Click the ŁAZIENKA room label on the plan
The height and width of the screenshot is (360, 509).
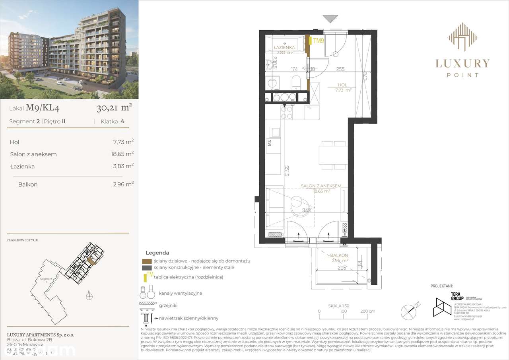click(x=284, y=47)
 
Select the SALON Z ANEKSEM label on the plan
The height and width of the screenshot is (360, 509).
click(x=321, y=186)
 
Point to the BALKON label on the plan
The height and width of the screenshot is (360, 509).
click(x=339, y=255)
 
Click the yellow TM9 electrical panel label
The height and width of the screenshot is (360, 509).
click(x=319, y=41)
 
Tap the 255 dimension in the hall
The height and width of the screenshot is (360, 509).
click(x=340, y=69)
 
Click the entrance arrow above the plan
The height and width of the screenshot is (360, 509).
click(x=330, y=19)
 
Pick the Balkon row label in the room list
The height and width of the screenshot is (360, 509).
click(x=27, y=185)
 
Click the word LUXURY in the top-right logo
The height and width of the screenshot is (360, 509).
click(x=462, y=63)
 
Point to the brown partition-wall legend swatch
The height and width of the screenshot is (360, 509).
click(x=147, y=261)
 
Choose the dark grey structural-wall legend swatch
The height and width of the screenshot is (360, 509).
click(x=147, y=268)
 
